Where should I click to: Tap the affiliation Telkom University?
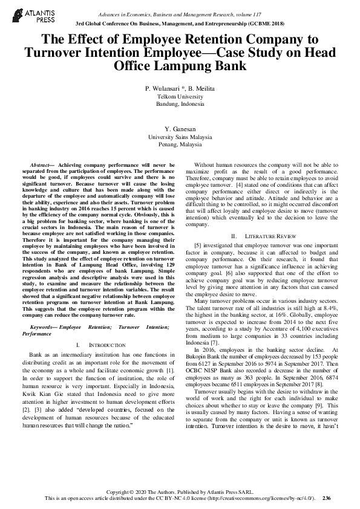[x=180, y=96]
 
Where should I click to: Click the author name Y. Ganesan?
[x=180, y=130]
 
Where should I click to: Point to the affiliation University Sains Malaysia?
[x=180, y=138]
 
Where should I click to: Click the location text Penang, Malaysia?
[x=180, y=145]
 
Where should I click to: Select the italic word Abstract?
[x=41, y=164]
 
